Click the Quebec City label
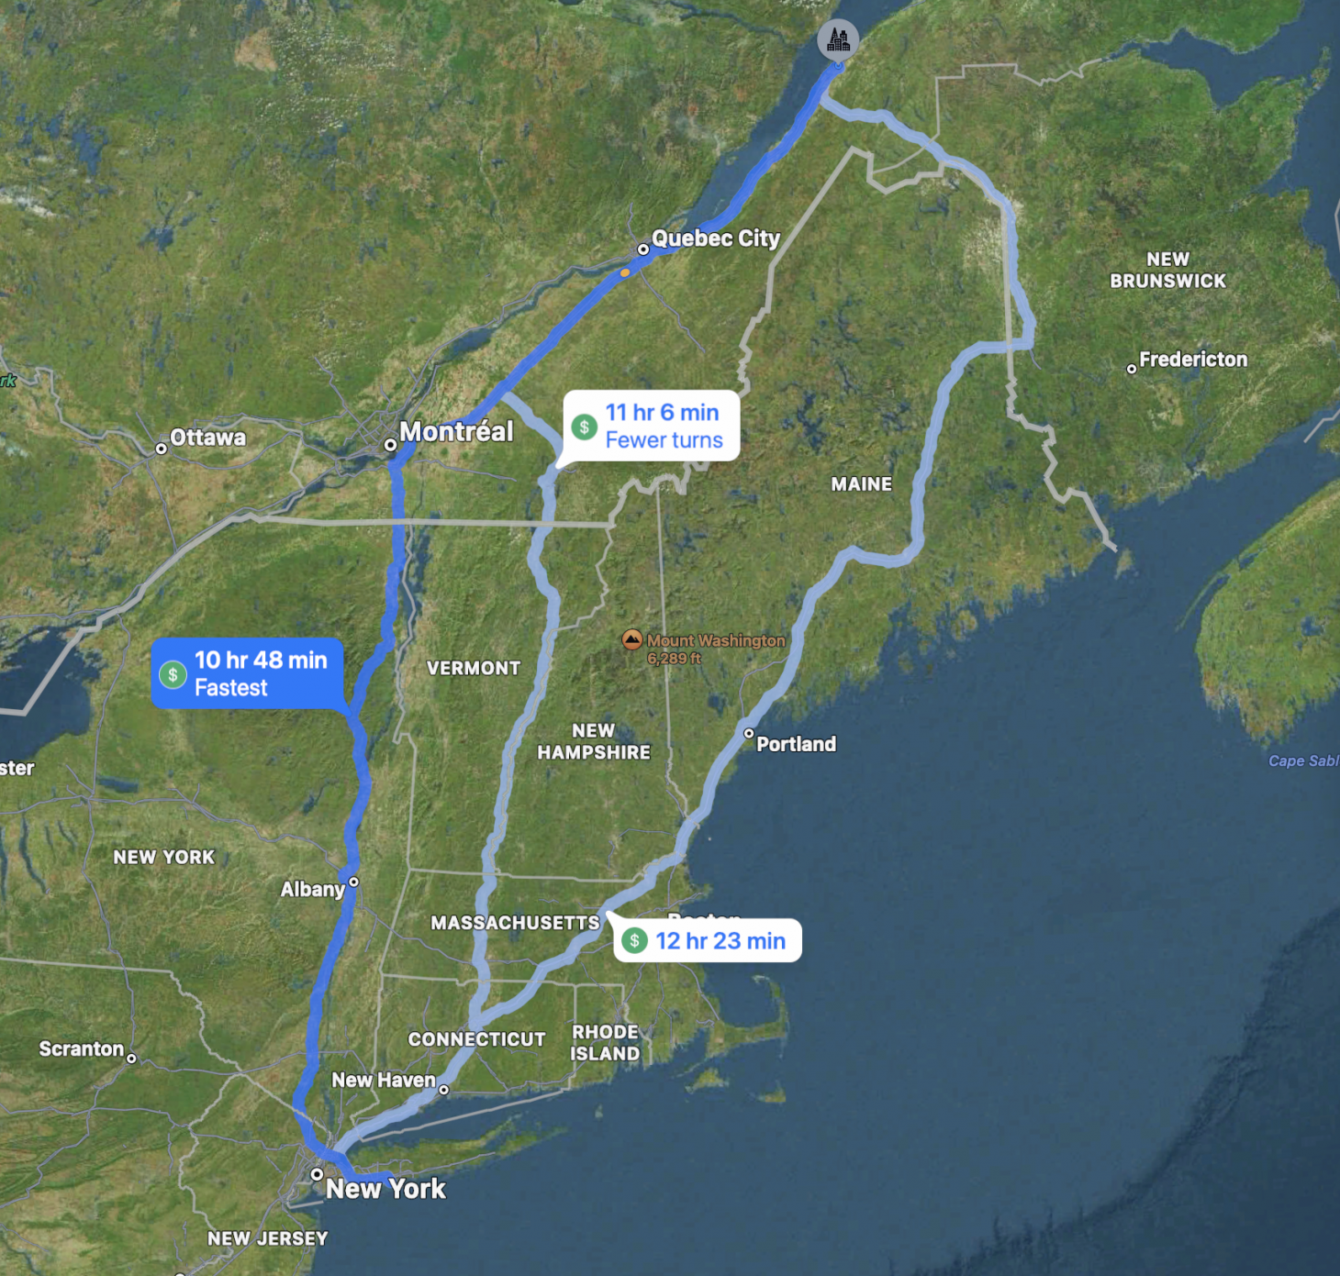tap(715, 239)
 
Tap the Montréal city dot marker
tap(390, 445)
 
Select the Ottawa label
tap(207, 438)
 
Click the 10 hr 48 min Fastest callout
tap(248, 674)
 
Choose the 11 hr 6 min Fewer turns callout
tap(652, 427)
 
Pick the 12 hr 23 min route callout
tap(708, 941)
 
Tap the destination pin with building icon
tap(838, 39)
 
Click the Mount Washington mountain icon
tap(631, 640)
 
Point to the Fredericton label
tap(1193, 360)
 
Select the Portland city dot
tap(749, 733)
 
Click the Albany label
tap(312, 889)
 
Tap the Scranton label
tap(81, 1049)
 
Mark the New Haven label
tap(383, 1080)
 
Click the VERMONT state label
tap(474, 669)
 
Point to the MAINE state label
tap(861, 484)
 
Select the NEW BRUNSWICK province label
tap(1167, 271)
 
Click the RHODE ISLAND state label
tap(605, 1043)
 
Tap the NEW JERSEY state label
tap(267, 1238)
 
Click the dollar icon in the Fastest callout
tap(173, 674)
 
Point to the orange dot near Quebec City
tap(625, 272)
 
